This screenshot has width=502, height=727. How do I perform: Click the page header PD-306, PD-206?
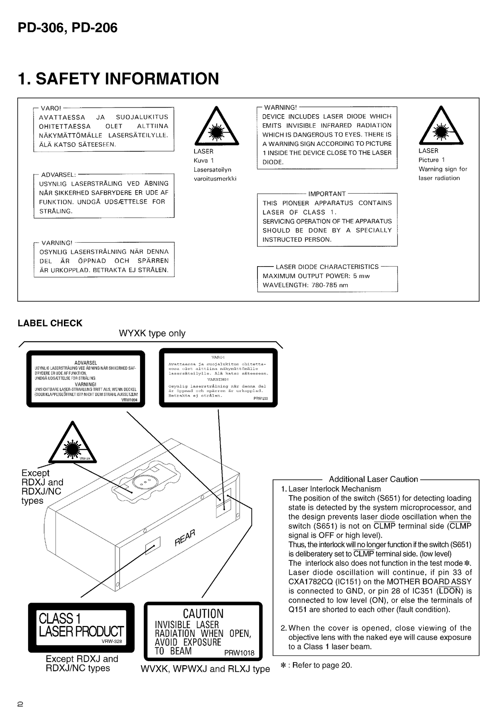[x=67, y=28]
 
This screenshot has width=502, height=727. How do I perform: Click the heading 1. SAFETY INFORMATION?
[x=118, y=78]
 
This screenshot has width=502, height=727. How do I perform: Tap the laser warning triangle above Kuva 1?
[x=216, y=127]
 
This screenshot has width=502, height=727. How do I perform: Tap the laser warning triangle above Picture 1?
[x=441, y=126]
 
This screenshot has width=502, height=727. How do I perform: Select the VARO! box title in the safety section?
[x=51, y=108]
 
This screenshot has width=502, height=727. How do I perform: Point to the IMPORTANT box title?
[x=327, y=194]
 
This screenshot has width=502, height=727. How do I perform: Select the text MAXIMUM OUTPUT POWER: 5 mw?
[x=316, y=276]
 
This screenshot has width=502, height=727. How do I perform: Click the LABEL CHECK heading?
[x=50, y=323]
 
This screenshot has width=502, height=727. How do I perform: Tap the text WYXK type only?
[x=152, y=333]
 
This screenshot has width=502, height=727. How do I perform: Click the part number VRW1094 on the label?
[x=129, y=400]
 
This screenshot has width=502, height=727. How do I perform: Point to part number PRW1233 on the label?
[x=261, y=399]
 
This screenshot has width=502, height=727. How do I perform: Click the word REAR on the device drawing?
[x=185, y=537]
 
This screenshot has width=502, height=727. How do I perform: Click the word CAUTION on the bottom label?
[x=203, y=614]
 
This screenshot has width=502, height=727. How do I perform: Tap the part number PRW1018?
[x=239, y=653]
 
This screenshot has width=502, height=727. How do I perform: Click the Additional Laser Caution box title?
[x=373, y=479]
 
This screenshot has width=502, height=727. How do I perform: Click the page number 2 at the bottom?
[x=20, y=704]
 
